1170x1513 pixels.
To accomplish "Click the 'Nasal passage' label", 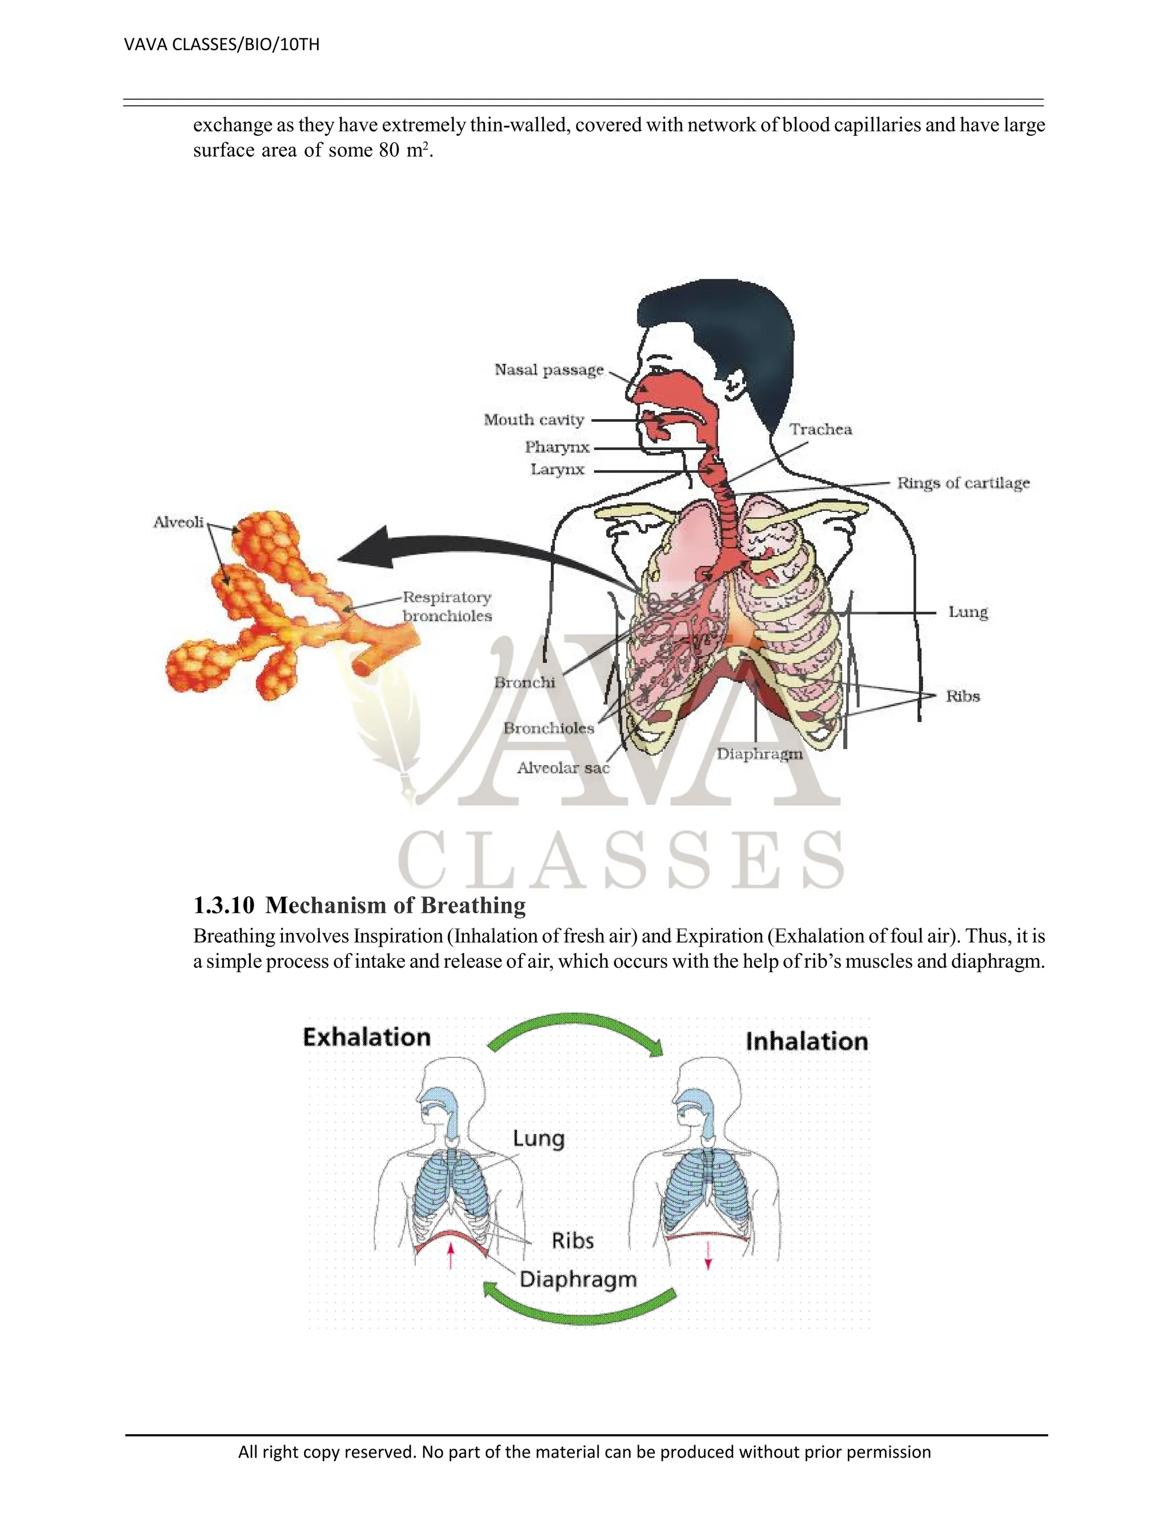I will coord(549,370).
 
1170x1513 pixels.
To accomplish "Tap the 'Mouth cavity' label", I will coord(534,420).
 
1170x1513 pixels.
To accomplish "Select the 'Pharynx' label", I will coord(556,448).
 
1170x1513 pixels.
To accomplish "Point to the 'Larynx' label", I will coord(557,470).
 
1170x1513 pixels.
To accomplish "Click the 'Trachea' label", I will coord(821,429).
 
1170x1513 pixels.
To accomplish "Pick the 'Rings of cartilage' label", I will coord(963,483).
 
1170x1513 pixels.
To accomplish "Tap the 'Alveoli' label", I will coord(178,522).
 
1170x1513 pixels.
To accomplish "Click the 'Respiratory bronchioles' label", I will coord(447,607).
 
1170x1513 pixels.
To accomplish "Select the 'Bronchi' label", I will coord(524,682).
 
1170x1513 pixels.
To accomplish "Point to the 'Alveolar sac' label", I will coord(563,767).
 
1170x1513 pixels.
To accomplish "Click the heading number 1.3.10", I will coord(223,906).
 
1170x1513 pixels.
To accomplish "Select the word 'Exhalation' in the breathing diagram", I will coord(367,1037).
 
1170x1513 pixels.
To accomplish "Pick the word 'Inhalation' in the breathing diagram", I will coord(807,1041).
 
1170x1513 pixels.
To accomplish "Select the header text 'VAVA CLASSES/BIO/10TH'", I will coord(222,45).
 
